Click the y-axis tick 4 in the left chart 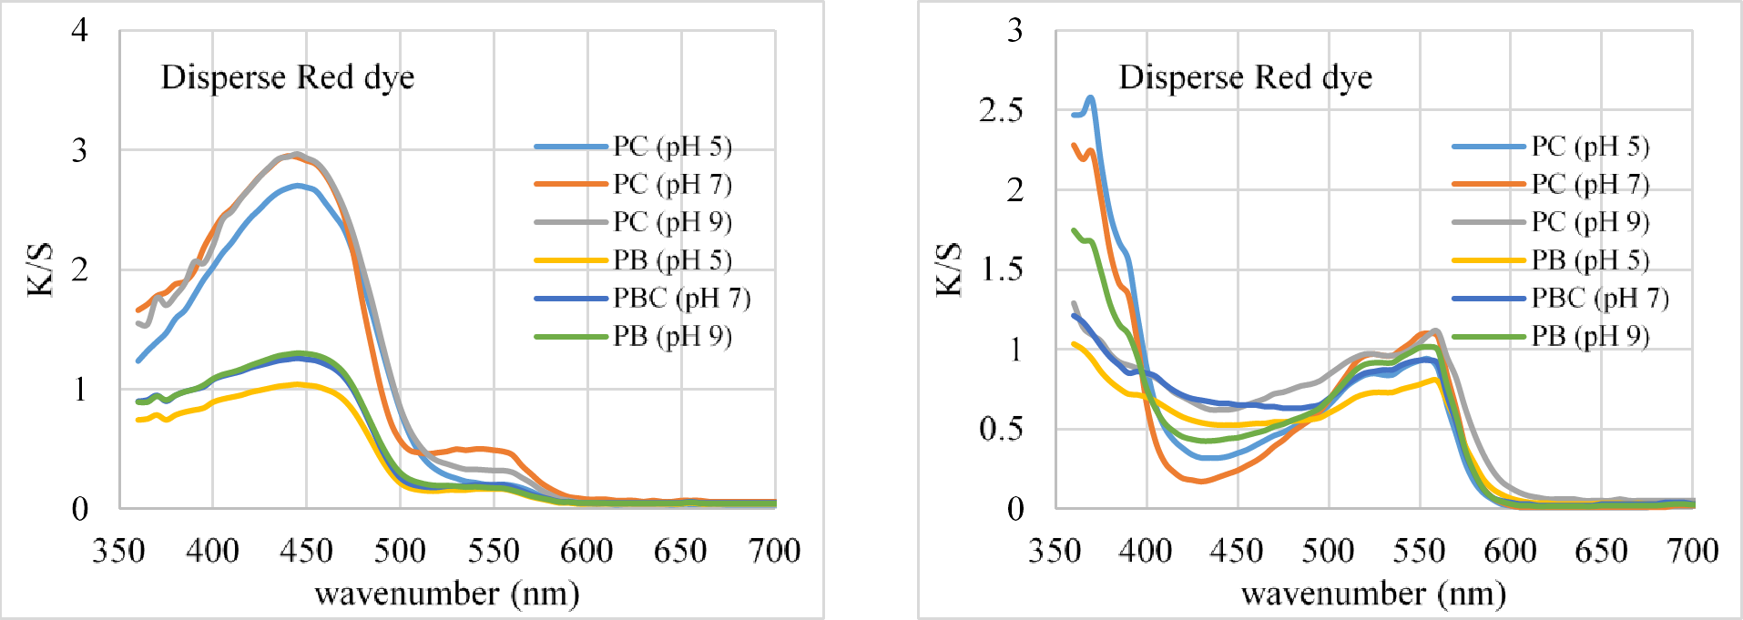click(x=80, y=30)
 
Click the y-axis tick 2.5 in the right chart click(x=1001, y=110)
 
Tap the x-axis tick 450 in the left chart click(x=306, y=551)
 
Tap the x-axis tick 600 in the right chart click(x=1510, y=551)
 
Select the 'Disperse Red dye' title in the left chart click(x=288, y=77)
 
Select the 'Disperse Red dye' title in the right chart click(x=1245, y=77)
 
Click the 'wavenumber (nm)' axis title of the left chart click(x=447, y=594)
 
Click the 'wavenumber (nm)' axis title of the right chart click(x=1373, y=594)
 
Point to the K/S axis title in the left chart click(x=40, y=269)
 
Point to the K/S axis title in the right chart click(x=949, y=269)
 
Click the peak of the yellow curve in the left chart click(x=297, y=384)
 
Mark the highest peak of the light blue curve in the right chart click(x=1090, y=97)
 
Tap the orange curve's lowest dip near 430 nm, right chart click(x=1201, y=481)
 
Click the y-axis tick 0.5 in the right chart click(x=1001, y=429)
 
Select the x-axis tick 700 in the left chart click(x=774, y=551)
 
